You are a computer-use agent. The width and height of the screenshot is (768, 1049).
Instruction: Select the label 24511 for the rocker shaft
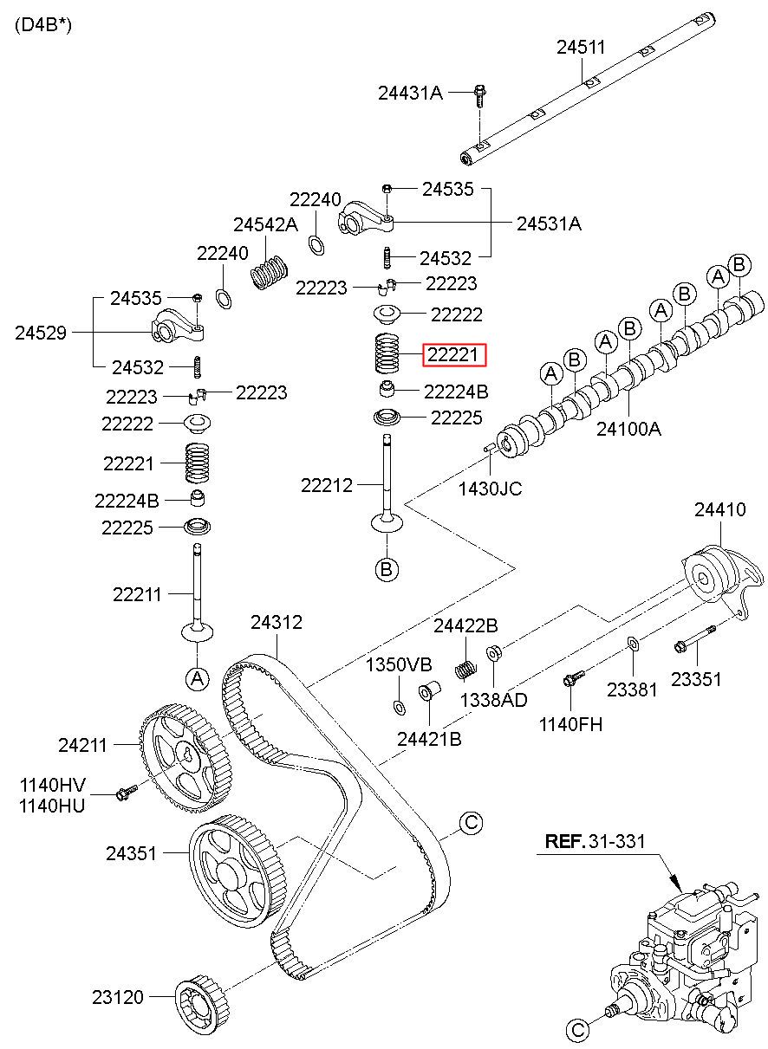pyautogui.click(x=581, y=47)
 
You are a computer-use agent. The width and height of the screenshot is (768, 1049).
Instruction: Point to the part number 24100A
pyautogui.click(x=628, y=429)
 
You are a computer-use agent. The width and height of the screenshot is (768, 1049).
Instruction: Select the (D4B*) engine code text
pyautogui.click(x=43, y=25)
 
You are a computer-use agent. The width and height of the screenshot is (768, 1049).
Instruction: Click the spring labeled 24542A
pyautogui.click(x=270, y=272)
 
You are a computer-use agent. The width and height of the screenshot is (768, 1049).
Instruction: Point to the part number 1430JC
pyautogui.click(x=490, y=489)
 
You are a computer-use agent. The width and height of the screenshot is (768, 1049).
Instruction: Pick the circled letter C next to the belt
pyautogui.click(x=471, y=822)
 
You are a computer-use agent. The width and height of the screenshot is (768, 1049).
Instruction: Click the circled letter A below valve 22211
pyautogui.click(x=198, y=678)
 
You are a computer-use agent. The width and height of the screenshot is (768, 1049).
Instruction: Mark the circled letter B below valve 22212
pyautogui.click(x=387, y=569)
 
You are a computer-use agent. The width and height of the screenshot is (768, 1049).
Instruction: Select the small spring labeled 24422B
pyautogui.click(x=466, y=670)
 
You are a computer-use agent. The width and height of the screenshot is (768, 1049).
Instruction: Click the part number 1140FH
pyautogui.click(x=570, y=724)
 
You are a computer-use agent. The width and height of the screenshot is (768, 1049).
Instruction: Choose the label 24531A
pyautogui.click(x=549, y=223)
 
